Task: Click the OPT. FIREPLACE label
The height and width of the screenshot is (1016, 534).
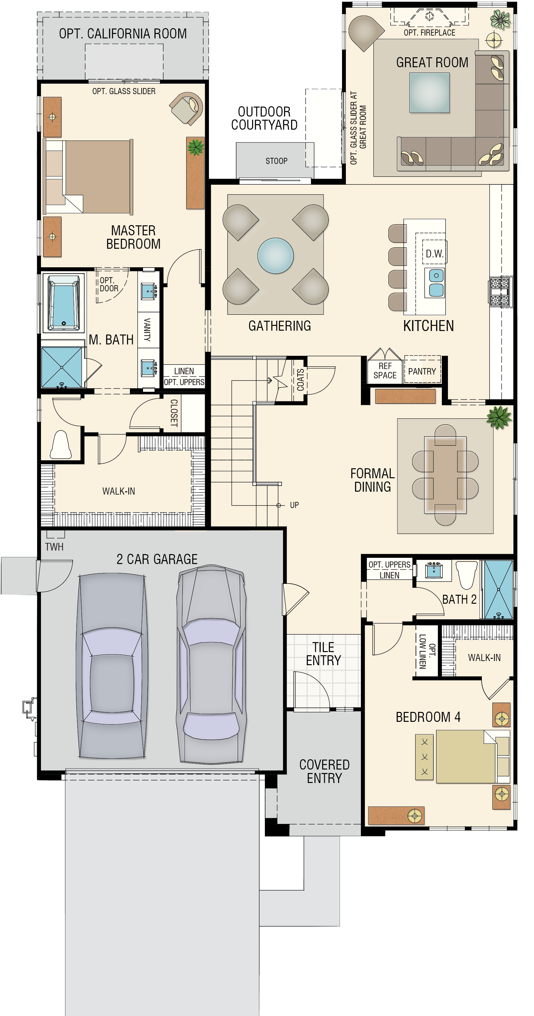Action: click(429, 33)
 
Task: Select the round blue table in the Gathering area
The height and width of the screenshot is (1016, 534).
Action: click(275, 255)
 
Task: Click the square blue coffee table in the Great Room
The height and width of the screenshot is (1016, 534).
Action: click(429, 93)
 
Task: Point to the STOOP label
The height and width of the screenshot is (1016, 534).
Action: click(276, 161)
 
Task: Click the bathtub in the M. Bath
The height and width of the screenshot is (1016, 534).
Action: click(63, 303)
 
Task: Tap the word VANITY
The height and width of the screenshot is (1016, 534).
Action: click(147, 329)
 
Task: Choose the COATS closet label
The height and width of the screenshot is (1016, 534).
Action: click(300, 379)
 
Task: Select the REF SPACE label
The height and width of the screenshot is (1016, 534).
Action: click(385, 371)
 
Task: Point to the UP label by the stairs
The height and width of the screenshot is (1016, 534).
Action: click(294, 505)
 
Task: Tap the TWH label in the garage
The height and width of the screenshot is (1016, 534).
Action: click(54, 547)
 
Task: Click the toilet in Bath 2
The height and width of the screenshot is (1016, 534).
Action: click(466, 575)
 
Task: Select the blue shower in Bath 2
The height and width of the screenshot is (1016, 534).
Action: click(498, 589)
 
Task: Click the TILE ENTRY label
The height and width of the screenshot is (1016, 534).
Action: click(323, 654)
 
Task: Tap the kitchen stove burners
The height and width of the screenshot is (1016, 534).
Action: click(499, 292)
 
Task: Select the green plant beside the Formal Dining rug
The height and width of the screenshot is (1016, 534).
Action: click(499, 417)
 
